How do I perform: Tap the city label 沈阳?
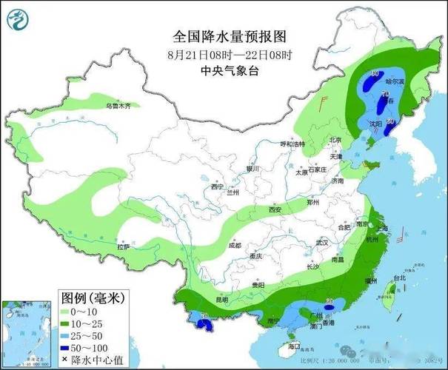(375, 125)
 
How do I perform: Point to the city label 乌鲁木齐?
(117, 106)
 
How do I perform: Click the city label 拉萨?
(123, 246)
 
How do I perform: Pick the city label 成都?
(234, 245)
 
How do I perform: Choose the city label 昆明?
(221, 299)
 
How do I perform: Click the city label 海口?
(295, 346)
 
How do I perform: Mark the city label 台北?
(398, 278)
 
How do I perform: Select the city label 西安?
(275, 210)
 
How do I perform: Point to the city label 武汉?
(321, 243)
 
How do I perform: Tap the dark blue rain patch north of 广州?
(330, 306)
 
